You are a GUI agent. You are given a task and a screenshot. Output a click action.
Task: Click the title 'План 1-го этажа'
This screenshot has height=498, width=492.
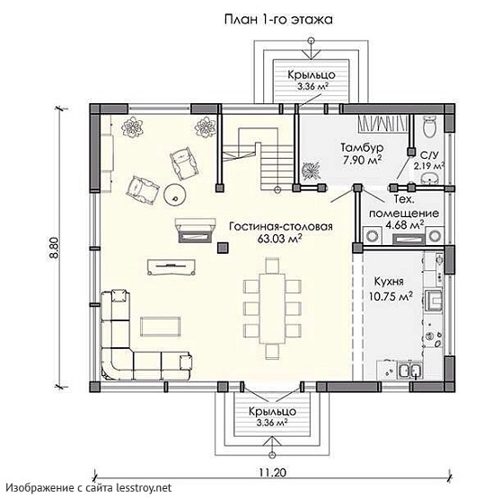pyautogui.click(x=278, y=20)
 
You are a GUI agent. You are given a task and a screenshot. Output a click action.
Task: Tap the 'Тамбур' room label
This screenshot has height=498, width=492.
pyautogui.click(x=363, y=148)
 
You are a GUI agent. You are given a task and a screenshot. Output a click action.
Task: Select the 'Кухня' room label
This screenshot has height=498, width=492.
pyautogui.click(x=389, y=282)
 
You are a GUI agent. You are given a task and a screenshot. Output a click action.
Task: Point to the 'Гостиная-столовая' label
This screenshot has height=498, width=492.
pyautogui.click(x=281, y=226)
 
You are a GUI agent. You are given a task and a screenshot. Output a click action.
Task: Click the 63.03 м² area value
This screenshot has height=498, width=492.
pyautogui.click(x=279, y=239)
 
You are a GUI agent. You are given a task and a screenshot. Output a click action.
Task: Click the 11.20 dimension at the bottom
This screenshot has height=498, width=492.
pyautogui.click(x=272, y=473)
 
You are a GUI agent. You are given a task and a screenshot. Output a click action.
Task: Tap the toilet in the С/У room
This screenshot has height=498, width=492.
pyautogui.click(x=431, y=127)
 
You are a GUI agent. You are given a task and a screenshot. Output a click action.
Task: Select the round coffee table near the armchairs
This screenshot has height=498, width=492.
pyautogui.click(x=175, y=195)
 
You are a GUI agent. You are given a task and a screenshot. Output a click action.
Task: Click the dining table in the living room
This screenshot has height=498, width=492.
pyautogui.click(x=272, y=309)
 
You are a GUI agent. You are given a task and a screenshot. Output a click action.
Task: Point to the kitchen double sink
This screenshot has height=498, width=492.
pyautogui.click(x=410, y=371)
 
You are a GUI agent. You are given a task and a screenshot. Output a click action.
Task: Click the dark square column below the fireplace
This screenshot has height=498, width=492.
pyautogui.click(x=223, y=248)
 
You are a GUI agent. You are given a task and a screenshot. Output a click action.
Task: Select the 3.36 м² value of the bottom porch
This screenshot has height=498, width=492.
pyautogui.click(x=272, y=423)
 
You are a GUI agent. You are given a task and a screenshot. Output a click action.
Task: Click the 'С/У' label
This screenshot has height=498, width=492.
pyautogui.click(x=429, y=155)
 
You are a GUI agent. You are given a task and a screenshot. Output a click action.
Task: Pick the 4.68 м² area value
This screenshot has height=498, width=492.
pyautogui.click(x=405, y=224)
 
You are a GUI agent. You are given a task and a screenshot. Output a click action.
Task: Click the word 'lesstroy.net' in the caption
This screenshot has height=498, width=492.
pyautogui.click(x=144, y=487)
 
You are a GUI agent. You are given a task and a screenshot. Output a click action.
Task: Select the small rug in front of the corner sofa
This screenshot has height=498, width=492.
pyautogui.click(x=161, y=327)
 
